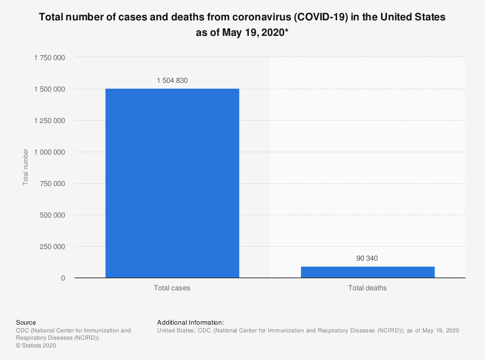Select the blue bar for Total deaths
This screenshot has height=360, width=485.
(368, 272)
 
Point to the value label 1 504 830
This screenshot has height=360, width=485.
(172, 81)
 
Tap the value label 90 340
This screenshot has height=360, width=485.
(367, 258)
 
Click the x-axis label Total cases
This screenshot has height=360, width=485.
(172, 288)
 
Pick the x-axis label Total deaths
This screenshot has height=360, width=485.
(368, 288)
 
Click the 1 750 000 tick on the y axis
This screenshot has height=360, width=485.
(49, 58)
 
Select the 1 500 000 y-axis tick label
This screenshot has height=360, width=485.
(49, 89)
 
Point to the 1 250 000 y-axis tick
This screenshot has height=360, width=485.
(49, 121)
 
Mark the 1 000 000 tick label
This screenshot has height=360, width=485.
(49, 152)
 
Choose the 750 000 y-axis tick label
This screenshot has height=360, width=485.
(52, 184)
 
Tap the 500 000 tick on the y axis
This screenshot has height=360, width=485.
(52, 215)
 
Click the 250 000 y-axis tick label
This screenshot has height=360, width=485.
(52, 247)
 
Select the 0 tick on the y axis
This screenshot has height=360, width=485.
(63, 278)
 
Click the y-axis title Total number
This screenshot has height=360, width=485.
(25, 167)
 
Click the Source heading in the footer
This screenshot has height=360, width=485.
(26, 322)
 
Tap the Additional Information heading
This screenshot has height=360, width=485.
(191, 322)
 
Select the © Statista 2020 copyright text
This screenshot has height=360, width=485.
(37, 345)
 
